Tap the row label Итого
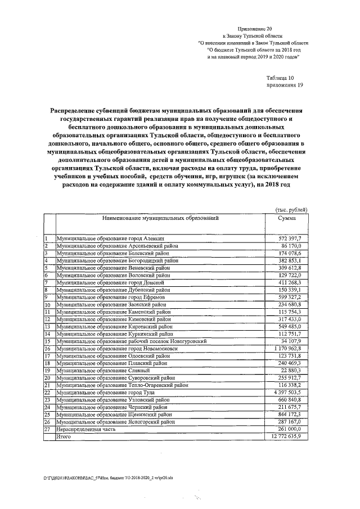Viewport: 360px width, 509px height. pyautogui.click(x=64, y=436)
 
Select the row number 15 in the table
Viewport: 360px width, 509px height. pyautogui.click(x=48, y=341)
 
